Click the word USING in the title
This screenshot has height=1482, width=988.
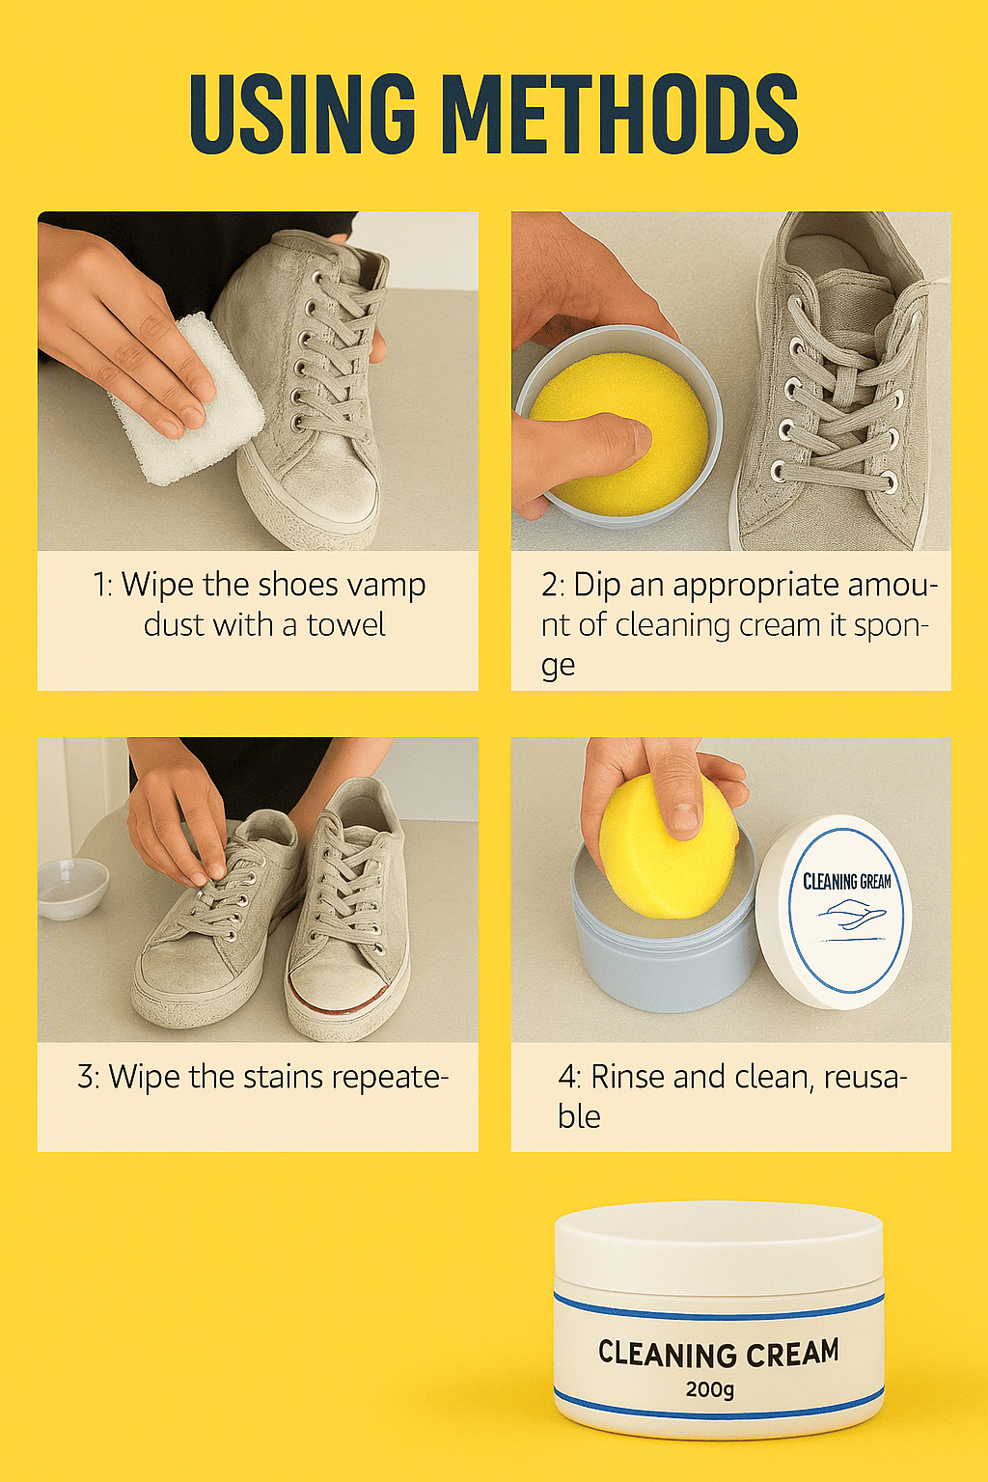(x=303, y=113)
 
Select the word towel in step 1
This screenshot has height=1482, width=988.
(x=345, y=625)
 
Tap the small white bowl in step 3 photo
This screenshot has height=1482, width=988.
(x=72, y=888)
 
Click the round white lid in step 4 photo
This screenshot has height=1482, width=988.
(x=834, y=911)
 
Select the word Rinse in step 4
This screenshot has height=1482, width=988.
(x=628, y=1077)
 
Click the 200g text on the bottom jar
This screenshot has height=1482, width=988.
(x=710, y=1389)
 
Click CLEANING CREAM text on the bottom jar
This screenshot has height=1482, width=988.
(x=718, y=1353)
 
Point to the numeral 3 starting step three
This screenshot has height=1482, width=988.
(x=86, y=1077)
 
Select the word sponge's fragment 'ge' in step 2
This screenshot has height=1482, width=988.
(x=558, y=667)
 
